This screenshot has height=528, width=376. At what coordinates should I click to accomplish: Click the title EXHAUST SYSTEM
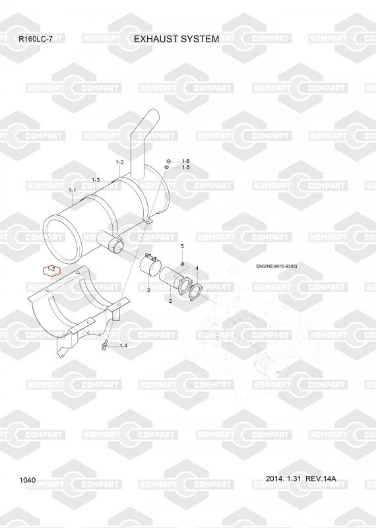(x=176, y=39)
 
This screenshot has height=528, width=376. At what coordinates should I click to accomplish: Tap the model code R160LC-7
(x=36, y=39)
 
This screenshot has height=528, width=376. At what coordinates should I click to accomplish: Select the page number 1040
(x=28, y=480)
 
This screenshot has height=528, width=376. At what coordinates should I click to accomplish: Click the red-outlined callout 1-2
(x=51, y=270)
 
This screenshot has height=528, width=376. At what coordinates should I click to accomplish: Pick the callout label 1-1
(x=73, y=191)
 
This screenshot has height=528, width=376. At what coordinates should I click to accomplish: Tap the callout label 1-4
(x=123, y=345)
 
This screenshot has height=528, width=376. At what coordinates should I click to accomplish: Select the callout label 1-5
(x=186, y=168)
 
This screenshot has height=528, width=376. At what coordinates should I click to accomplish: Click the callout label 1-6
(x=186, y=161)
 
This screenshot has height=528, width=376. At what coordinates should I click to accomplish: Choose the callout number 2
(x=170, y=301)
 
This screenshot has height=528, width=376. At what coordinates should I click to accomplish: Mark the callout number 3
(x=148, y=290)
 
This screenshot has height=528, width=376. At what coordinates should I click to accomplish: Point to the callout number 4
(x=197, y=269)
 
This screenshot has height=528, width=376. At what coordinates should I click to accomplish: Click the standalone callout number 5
(x=183, y=246)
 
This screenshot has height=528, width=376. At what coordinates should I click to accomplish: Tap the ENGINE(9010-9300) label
(x=276, y=267)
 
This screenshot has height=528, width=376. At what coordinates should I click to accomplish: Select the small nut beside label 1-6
(x=169, y=161)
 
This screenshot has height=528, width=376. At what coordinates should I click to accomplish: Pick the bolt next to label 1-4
(x=104, y=346)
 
